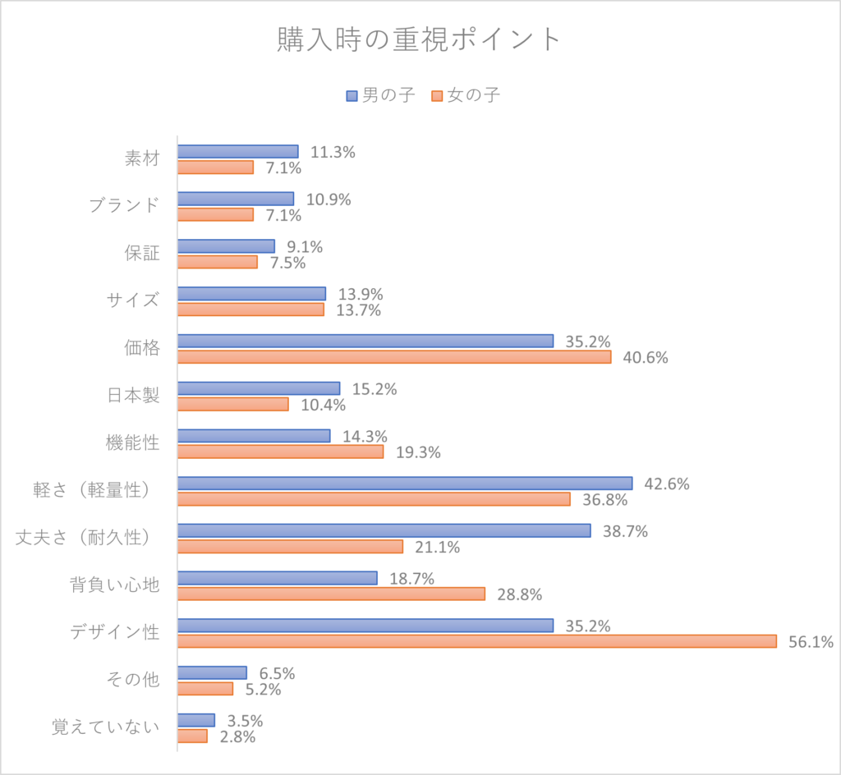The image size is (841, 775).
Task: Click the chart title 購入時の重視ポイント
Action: (420, 40)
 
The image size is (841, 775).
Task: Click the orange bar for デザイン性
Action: (476, 640)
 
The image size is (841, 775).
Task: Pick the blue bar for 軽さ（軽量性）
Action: (404, 484)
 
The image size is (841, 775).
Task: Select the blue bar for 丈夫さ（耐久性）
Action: (384, 530)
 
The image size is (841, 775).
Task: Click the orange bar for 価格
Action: (394, 357)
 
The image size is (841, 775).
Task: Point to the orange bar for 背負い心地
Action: (331, 594)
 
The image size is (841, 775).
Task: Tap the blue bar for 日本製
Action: (258, 388)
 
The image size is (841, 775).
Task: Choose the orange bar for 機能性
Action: (280, 452)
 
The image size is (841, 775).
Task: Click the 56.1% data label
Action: (811, 642)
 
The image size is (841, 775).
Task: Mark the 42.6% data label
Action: (667, 484)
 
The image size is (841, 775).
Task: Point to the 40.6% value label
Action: (646, 358)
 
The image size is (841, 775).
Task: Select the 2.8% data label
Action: (237, 737)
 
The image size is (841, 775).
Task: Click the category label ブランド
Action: (124, 205)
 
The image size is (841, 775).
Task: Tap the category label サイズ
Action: (131, 300)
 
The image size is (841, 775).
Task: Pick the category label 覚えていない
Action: (105, 727)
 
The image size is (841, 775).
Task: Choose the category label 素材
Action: (141, 158)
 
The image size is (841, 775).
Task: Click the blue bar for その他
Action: (212, 672)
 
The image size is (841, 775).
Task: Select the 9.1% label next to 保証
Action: (305, 247)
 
